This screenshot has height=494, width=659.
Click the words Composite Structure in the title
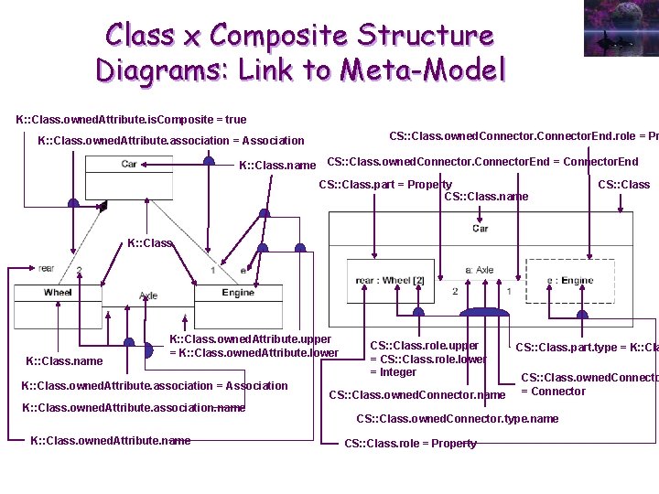click(x=351, y=36)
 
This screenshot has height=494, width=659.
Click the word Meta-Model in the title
click(x=423, y=70)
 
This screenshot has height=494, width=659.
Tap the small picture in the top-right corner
click(x=620, y=28)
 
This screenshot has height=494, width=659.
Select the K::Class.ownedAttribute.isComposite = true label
click(x=131, y=120)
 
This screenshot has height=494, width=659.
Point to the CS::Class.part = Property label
click(x=384, y=185)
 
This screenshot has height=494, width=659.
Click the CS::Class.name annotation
click(x=486, y=196)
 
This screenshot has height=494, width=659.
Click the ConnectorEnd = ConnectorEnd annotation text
click(x=482, y=162)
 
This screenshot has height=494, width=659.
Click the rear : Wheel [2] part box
click(x=389, y=281)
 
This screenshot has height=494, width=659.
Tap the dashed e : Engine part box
click(x=570, y=281)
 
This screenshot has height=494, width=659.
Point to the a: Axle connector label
click(x=480, y=270)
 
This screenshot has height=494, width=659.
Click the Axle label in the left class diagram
click(x=148, y=296)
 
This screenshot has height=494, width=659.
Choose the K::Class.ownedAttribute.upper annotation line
click(x=250, y=339)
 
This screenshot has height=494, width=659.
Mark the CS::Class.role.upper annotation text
click(x=424, y=346)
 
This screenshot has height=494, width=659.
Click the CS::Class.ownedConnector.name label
click(x=416, y=395)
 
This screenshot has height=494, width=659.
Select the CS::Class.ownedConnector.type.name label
click(x=457, y=419)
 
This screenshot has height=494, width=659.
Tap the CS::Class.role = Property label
click(x=410, y=444)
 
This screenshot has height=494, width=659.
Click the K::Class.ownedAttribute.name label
click(x=111, y=441)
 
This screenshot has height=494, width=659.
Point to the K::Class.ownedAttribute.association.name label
click(x=133, y=408)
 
